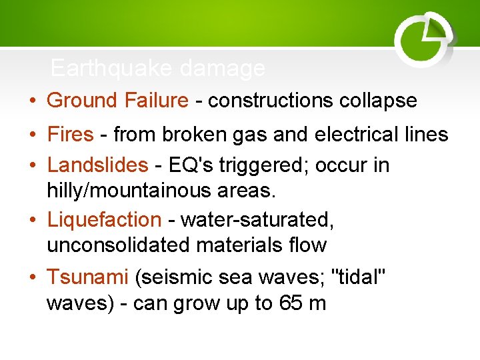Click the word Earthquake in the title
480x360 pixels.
101,68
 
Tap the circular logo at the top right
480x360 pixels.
424,39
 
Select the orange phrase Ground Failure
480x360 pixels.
117,101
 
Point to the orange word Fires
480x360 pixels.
70,135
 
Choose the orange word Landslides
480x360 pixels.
97,165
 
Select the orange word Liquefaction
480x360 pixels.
104,219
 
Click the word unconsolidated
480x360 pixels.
118,245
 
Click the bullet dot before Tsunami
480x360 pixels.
33,276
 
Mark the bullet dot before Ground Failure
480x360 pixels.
33,101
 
